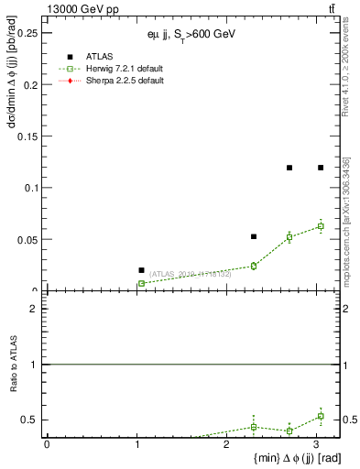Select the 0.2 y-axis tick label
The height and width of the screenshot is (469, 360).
pos(30,85)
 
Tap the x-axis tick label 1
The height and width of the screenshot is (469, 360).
pos(136,445)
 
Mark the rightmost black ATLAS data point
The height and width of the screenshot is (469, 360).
pos(321,168)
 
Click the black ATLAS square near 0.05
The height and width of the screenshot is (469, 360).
pos(254,236)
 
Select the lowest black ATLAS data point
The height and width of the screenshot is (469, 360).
pos(141,270)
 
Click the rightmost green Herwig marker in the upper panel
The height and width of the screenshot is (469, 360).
pos(321,225)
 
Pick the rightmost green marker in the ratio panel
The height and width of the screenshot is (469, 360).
pos(321,416)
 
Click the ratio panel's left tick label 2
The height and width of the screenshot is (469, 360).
pos(34,309)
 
